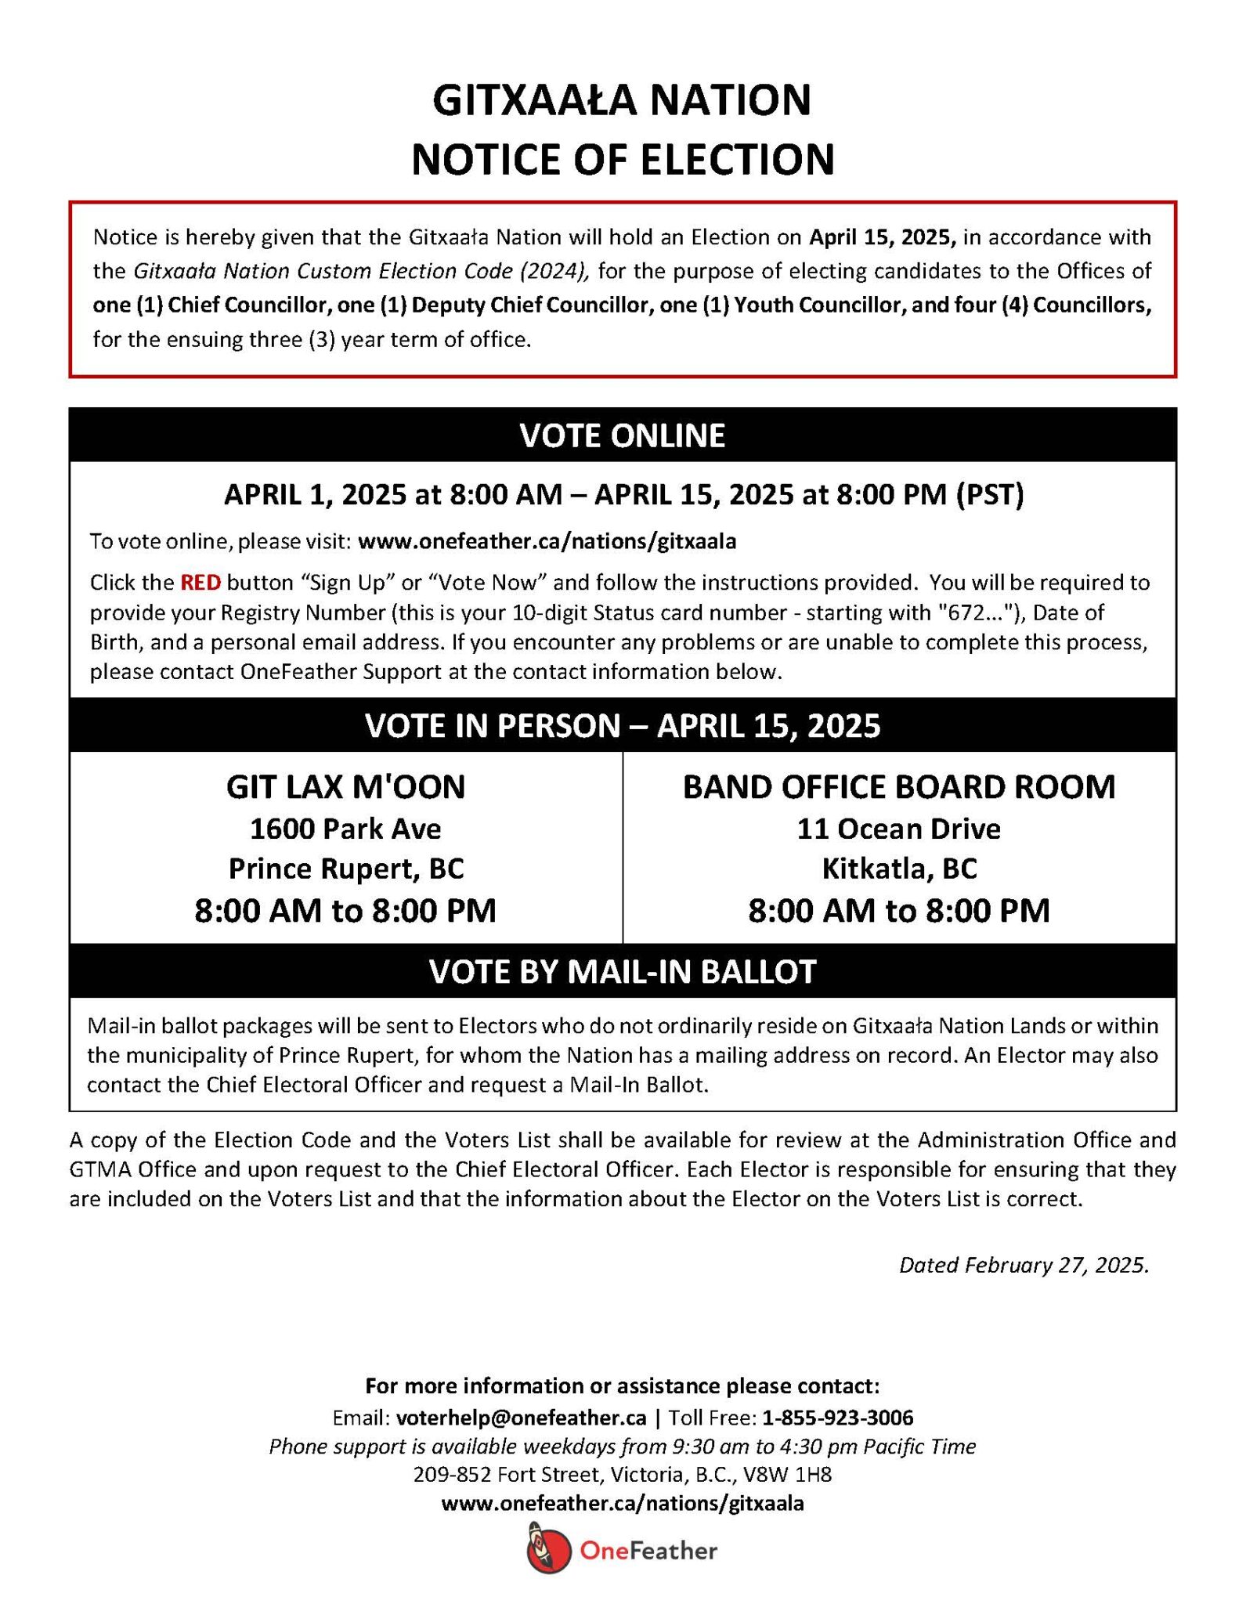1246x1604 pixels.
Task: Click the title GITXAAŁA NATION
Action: tap(622, 100)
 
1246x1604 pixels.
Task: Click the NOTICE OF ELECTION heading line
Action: tap(622, 159)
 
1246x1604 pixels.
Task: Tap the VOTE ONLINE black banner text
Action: tap(622, 435)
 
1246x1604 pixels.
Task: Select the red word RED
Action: tap(200, 583)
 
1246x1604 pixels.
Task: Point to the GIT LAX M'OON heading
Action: tap(345, 787)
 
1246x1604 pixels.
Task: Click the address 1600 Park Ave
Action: tap(345, 829)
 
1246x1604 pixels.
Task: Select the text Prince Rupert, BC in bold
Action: tap(345, 869)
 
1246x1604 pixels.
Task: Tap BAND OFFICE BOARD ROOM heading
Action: tap(898, 787)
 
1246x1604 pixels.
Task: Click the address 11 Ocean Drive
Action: tap(898, 829)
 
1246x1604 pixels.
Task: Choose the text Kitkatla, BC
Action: tap(898, 869)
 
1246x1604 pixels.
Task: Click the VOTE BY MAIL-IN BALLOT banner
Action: tap(622, 971)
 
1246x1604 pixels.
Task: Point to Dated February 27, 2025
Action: tap(1023, 1266)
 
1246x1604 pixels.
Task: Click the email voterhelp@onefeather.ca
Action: tap(521, 1418)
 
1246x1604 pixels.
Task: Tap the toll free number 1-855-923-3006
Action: tap(837, 1418)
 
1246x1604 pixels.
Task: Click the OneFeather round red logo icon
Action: tap(548, 1549)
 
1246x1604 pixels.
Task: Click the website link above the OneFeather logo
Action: tap(622, 1504)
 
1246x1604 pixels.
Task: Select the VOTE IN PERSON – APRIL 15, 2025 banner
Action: tap(622, 726)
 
